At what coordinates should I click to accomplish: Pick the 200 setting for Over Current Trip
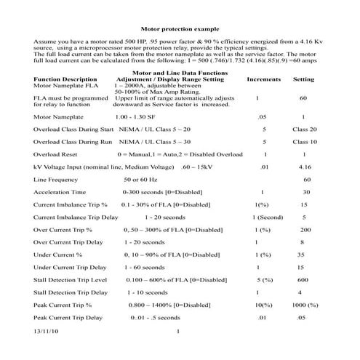(305, 230)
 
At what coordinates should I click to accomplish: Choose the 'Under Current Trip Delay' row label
(70, 268)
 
